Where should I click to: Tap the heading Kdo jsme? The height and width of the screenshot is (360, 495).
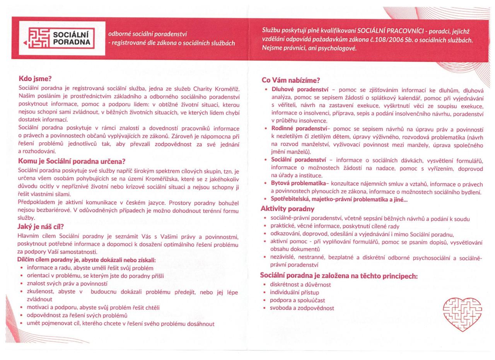click(x=35, y=79)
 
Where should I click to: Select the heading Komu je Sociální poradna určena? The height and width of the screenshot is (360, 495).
click(x=72, y=161)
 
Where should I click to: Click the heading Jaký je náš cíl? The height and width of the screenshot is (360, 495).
click(x=41, y=227)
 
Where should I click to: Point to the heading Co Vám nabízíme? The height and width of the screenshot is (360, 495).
click(x=291, y=80)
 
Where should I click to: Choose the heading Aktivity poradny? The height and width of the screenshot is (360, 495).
click(x=287, y=209)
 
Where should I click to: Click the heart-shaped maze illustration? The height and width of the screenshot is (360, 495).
click(x=462, y=314)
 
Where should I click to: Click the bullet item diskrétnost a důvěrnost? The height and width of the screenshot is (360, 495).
click(x=300, y=285)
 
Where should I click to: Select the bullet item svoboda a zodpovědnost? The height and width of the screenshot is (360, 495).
click(x=302, y=308)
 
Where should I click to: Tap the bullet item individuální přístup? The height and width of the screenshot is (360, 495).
click(x=294, y=292)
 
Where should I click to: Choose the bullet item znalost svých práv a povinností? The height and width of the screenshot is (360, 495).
click(x=67, y=283)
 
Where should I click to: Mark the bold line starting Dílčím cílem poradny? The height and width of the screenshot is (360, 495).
click(x=86, y=260)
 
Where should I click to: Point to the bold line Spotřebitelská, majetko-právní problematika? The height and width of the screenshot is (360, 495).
click(x=339, y=200)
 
